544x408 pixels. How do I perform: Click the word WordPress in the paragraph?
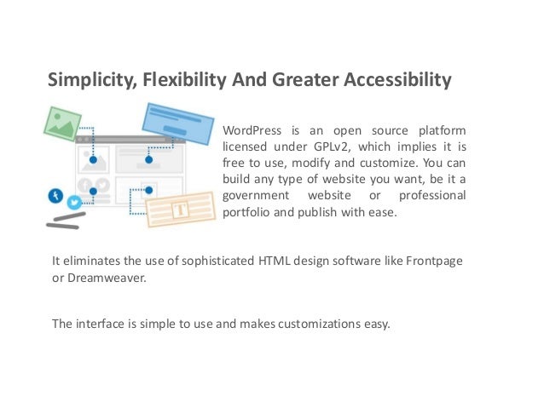coord(251,131)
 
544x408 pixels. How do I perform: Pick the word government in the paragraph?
coord(253,196)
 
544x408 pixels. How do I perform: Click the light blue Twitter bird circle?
coord(74,203)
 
